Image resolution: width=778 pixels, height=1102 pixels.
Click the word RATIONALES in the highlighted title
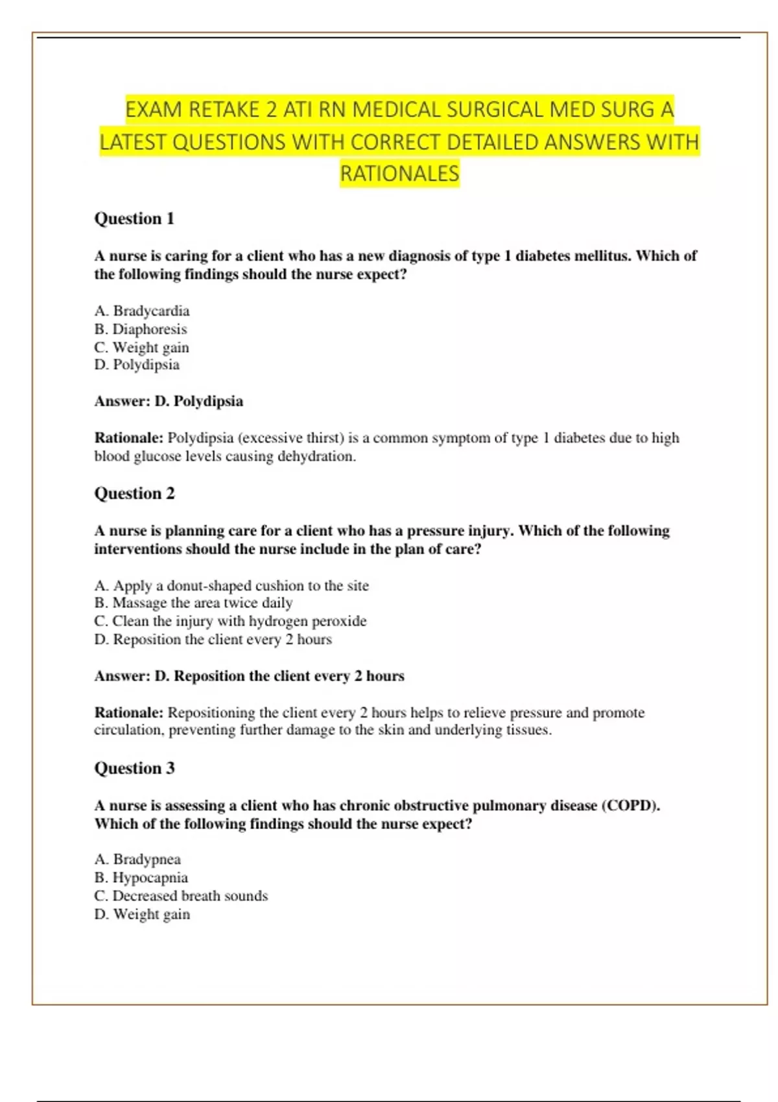(399, 174)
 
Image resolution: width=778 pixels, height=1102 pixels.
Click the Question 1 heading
(134, 218)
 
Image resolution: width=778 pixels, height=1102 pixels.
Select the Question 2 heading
(134, 493)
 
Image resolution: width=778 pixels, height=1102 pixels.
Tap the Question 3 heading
(134, 768)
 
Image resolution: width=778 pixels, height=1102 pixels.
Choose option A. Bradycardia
(142, 311)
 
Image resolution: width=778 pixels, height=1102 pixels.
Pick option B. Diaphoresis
(141, 329)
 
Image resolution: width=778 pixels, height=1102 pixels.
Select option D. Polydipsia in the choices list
(137, 365)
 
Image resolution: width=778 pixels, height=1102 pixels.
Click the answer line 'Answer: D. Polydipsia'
(169, 401)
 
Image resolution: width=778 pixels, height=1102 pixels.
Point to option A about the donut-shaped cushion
(231, 586)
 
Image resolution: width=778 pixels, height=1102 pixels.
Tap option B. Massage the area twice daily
(193, 603)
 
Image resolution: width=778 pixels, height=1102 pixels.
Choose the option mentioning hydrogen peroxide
(230, 621)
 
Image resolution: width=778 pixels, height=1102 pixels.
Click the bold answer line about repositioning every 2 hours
(249, 676)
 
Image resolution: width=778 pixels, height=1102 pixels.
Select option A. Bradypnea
(137, 860)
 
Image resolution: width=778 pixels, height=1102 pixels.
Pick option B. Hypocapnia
(141, 878)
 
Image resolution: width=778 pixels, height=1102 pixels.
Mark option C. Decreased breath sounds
(181, 896)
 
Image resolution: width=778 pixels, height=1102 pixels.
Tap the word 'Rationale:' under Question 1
(129, 438)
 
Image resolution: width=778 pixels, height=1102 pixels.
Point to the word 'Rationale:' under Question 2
(129, 713)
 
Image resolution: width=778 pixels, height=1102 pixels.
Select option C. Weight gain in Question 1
(141, 347)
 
